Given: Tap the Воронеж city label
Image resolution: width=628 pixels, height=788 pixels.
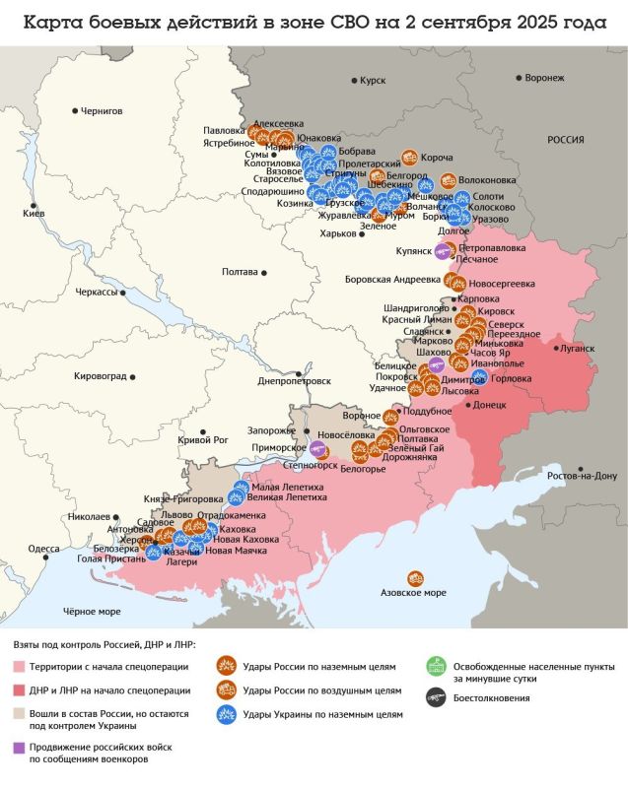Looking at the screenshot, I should tap(544, 78).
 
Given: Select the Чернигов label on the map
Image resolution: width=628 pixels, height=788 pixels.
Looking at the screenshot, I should tap(102, 111).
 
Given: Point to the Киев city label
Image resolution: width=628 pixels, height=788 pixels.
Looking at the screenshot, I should tap(34, 214).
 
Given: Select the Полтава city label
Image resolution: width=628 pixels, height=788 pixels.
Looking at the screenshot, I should tap(241, 271).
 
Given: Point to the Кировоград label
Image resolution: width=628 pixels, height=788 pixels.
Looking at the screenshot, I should tap(101, 376).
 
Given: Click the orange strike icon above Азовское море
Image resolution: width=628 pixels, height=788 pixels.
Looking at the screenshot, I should tap(415, 578).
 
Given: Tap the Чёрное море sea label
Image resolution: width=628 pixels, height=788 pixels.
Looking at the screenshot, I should tap(92, 612).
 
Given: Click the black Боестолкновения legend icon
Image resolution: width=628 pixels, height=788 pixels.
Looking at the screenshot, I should tap(433, 697).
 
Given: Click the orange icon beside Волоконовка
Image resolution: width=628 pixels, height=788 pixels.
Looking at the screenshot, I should tap(449, 180).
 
